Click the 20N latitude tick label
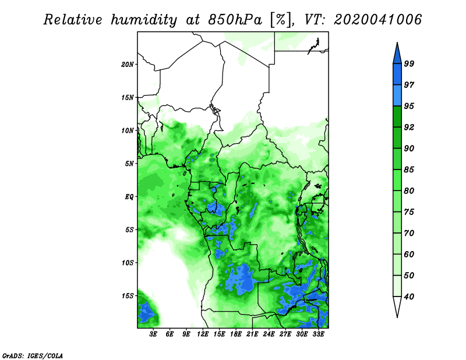click(128, 65)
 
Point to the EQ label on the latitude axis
click(129, 197)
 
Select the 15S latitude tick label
click(128, 296)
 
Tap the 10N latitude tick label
click(128, 130)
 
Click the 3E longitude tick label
click(153, 334)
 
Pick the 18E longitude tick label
click(236, 334)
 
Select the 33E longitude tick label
click(318, 334)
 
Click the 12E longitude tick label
click(203, 334)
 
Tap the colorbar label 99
click(409, 63)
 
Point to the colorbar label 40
click(409, 297)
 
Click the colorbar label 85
click(409, 170)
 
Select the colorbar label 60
click(409, 254)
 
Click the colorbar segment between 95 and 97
click(397, 96)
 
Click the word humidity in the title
click(143, 20)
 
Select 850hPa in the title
click(235, 20)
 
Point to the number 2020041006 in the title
click(377, 20)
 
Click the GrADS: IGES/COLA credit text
click(33, 355)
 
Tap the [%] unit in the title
click(281, 20)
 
